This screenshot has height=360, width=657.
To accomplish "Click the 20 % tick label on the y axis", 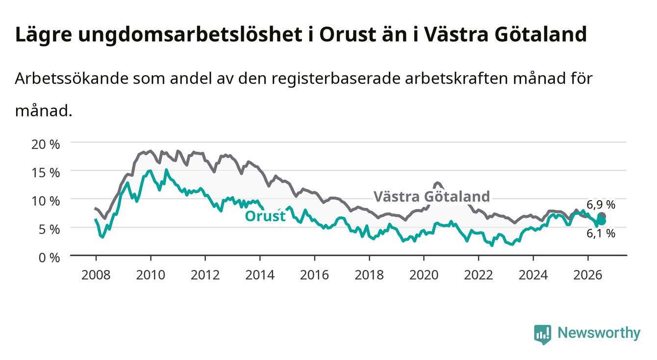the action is tap(46, 144).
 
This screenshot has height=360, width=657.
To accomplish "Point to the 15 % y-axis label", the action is tap(46, 173).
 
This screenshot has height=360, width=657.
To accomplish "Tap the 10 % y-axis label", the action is tap(46, 201).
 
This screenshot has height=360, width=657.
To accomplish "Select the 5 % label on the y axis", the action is tap(49, 229).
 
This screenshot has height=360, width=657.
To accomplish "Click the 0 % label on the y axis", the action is tap(49, 257).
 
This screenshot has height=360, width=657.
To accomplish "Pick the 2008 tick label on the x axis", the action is tap(96, 275).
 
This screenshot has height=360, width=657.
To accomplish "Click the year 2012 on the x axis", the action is tap(205, 275).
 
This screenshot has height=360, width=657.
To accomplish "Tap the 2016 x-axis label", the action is tap(314, 275).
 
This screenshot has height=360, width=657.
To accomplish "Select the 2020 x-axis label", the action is tap(424, 275).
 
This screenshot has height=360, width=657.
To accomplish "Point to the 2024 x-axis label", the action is tap(533, 275).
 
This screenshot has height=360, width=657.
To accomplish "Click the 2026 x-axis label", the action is tap(588, 275).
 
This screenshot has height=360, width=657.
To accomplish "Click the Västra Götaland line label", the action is tap(432, 197).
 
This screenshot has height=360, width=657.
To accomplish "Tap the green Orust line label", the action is tap(265, 216).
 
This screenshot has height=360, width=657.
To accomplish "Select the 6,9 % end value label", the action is tap(601, 205).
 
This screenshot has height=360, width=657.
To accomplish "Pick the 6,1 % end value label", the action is tap(601, 233).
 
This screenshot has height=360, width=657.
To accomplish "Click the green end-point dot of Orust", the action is tap(602, 221).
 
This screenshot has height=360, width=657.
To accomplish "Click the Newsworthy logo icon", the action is tap(543, 334).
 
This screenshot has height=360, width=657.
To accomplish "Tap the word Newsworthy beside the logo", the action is tap(599, 333).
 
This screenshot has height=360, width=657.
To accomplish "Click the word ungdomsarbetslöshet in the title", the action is tap(190, 35).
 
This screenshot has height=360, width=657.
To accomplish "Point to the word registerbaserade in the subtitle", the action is tap(336, 78).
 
